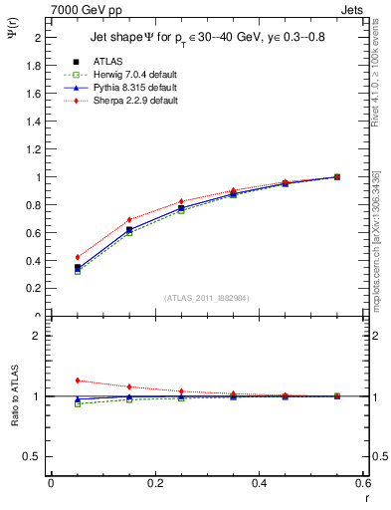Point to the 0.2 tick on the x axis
coord(154,482)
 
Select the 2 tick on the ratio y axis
coord(40,336)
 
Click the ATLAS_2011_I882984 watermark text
coord(206,298)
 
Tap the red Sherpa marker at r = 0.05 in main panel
coord(77,257)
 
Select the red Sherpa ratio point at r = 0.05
coord(77,381)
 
